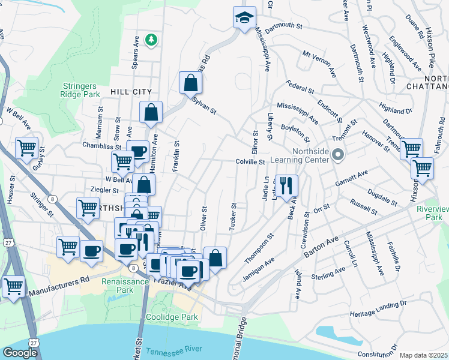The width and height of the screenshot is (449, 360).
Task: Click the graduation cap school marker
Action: tap(244, 17)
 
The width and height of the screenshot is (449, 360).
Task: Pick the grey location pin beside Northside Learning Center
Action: tap(337, 155)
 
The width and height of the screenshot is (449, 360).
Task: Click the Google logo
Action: tap(20, 353)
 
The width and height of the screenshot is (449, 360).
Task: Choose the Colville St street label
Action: tap(250, 161)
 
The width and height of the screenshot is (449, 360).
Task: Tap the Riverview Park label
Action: tap(432, 214)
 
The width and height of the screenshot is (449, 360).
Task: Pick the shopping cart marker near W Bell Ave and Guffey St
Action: tap(26, 148)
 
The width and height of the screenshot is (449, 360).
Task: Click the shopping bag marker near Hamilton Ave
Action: tap(151, 112)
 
